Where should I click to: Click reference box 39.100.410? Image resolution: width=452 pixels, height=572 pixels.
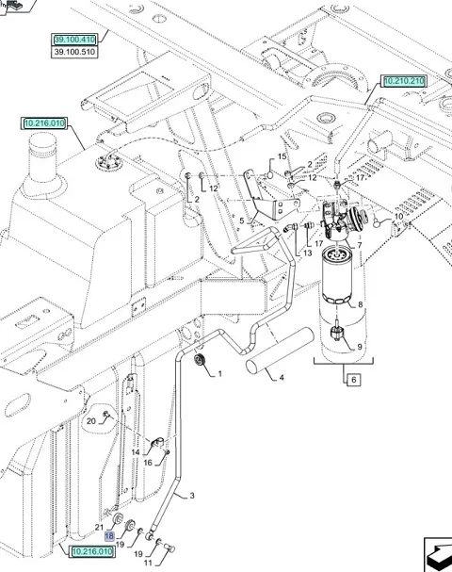[74, 40]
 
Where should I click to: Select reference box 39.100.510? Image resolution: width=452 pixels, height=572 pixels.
[74, 52]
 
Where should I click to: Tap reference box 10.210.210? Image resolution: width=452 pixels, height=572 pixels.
[404, 81]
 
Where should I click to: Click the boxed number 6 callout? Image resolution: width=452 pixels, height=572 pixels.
[353, 380]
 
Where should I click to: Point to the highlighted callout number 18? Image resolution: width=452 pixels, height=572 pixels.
[109, 536]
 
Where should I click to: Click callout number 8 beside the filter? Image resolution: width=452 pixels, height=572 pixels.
[360, 304]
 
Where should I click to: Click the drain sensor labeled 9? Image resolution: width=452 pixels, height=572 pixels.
[336, 332]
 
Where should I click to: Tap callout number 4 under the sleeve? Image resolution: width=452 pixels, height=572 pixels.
[282, 378]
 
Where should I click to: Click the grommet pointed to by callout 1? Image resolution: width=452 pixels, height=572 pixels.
[200, 360]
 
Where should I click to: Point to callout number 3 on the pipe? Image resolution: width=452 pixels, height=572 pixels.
[192, 496]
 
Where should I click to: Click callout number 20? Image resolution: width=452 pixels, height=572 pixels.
[90, 421]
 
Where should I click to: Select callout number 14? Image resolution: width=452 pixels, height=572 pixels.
[136, 452]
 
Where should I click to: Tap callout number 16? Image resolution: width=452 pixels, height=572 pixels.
[148, 463]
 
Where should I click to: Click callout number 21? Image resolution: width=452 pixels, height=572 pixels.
[100, 527]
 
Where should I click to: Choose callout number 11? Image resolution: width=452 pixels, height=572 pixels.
[148, 563]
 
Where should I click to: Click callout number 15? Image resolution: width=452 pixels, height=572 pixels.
[282, 156]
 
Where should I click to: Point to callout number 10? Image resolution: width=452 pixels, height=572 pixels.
[398, 217]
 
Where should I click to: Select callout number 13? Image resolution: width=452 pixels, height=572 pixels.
[308, 253]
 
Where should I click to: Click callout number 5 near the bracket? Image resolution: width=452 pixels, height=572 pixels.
[242, 221]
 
